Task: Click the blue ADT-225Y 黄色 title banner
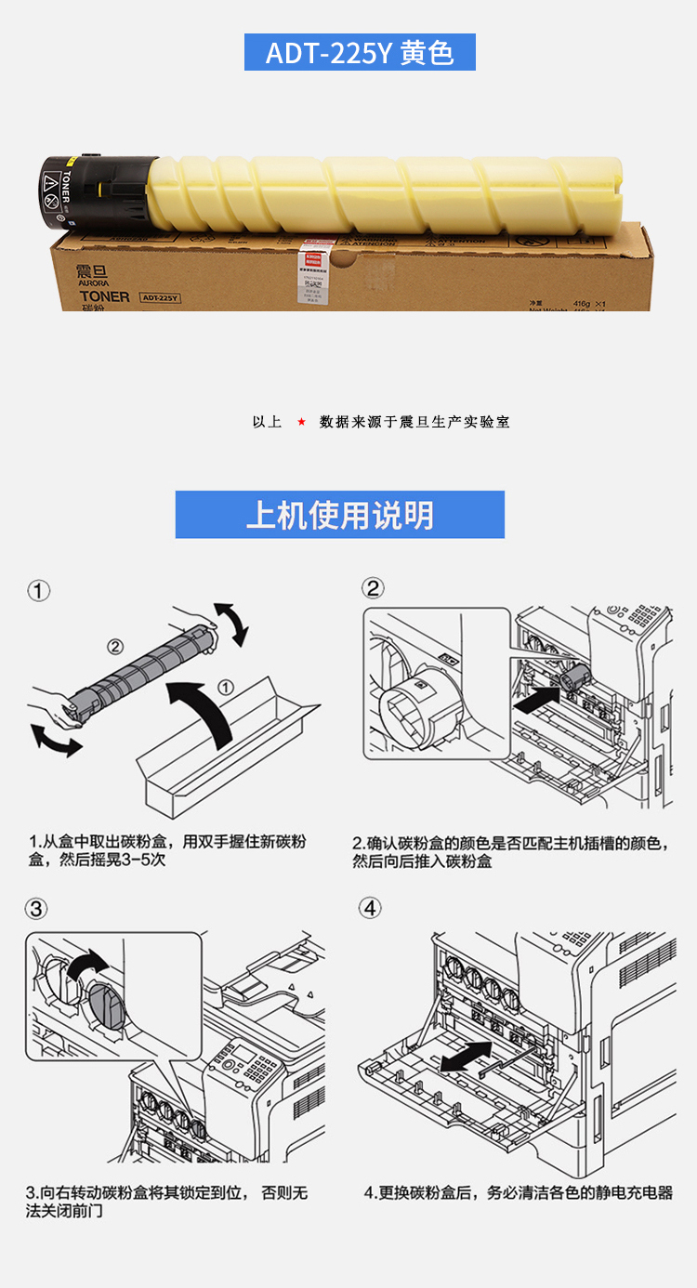[360, 52]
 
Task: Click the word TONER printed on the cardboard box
[104, 296]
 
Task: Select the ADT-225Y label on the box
[160, 298]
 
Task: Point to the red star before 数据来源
[301, 422]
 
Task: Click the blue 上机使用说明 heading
[340, 515]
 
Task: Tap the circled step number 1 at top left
[38, 591]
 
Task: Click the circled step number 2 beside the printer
[373, 588]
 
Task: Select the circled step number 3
[37, 908]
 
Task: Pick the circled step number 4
[371, 908]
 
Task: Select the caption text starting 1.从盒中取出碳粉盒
[167, 851]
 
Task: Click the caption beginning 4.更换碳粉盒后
[518, 1192]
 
